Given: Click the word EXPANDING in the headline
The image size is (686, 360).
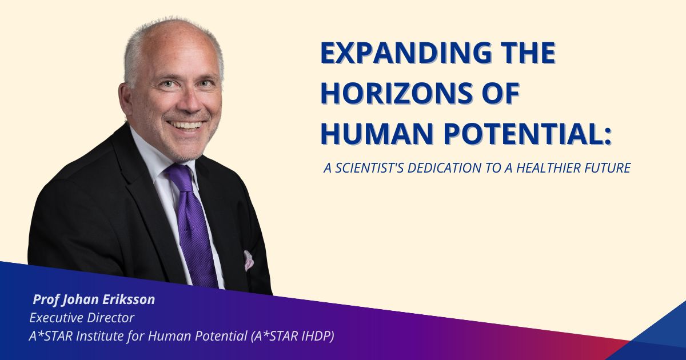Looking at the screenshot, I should [x=398, y=53].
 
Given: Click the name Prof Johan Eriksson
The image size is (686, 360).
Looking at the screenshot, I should [x=94, y=299].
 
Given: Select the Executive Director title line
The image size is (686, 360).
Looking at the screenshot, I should [x=82, y=318].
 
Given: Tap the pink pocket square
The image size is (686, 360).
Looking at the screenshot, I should [x=249, y=259].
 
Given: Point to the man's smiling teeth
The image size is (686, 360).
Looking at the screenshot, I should [x=186, y=124].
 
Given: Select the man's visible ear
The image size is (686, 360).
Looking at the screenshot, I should [x=126, y=98].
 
